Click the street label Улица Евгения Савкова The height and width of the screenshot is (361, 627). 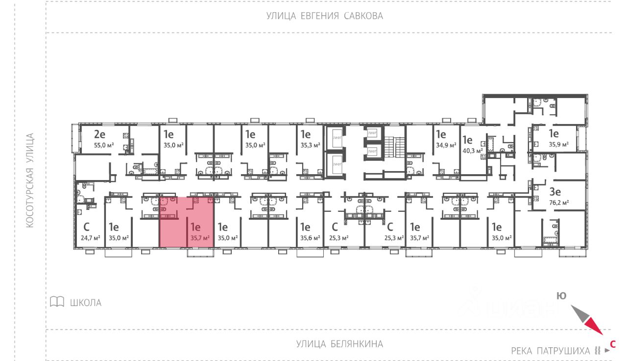[x=324, y=16]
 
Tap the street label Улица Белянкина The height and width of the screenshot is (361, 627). [x=339, y=344]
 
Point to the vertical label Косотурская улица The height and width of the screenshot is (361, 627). [x=30, y=180]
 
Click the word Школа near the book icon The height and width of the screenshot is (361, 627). [x=86, y=303]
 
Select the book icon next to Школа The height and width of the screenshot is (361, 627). [x=57, y=302]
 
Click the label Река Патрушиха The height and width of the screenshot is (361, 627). [x=551, y=351]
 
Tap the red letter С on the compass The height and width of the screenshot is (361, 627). [x=612, y=344]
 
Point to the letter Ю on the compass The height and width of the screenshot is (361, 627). [x=561, y=295]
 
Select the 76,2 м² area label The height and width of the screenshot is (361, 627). [x=558, y=202]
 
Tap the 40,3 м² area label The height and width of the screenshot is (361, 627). [x=472, y=151]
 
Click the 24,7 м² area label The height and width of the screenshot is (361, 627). [x=91, y=238]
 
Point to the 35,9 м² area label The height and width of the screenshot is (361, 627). [x=559, y=145]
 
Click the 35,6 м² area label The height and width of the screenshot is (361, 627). [x=310, y=238]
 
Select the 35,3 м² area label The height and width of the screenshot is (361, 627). [x=310, y=145]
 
